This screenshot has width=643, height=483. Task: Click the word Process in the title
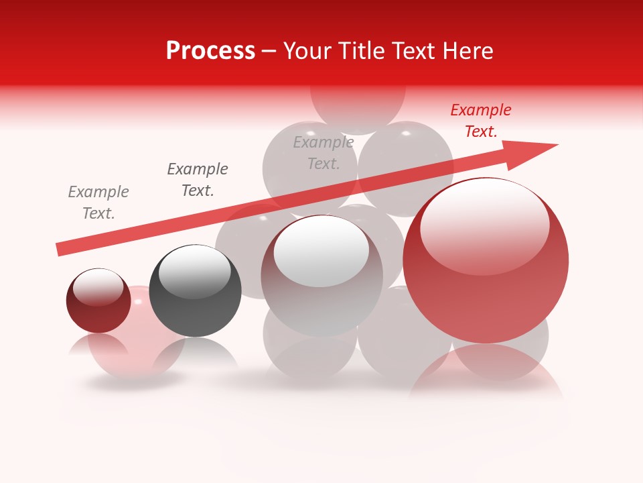point(210,51)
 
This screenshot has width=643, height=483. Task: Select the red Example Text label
point(481,121)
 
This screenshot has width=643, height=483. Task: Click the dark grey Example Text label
point(198,180)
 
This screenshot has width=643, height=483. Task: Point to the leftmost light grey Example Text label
point(98,203)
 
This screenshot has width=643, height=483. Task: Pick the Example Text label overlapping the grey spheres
point(324,153)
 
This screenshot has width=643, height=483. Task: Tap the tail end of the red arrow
point(60,249)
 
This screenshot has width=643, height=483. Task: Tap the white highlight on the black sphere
point(194,271)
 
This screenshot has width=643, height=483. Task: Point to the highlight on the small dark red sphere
point(98,286)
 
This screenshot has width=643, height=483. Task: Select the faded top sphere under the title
point(358,107)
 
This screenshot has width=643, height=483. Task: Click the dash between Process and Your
point(269,51)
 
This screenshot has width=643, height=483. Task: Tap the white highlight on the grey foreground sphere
point(321,250)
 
